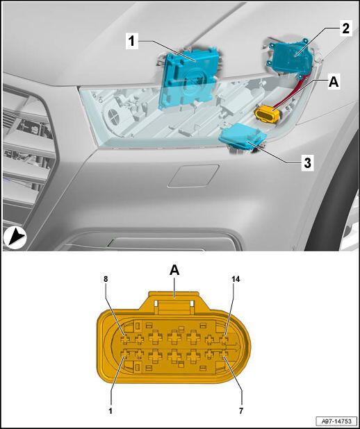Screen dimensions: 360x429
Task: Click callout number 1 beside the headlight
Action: pyautogui.click(x=132, y=41)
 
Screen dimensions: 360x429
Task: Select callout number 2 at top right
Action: pyautogui.click(x=346, y=28)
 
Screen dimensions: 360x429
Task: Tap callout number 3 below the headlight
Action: pyautogui.click(x=307, y=163)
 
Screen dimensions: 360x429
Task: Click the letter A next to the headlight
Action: pyautogui.click(x=334, y=82)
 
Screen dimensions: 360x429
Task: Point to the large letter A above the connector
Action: pyautogui.click(x=174, y=270)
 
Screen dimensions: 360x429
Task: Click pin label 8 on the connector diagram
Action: pyautogui.click(x=106, y=279)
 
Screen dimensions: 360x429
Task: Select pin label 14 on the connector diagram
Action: pyautogui.click(x=236, y=279)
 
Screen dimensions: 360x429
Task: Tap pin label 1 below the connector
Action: pyautogui.click(x=111, y=411)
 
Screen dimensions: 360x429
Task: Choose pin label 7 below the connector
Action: pyautogui.click(x=241, y=411)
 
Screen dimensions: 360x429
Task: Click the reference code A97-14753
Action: pyautogui.click(x=336, y=421)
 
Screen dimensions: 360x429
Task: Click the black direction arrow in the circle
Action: pyautogui.click(x=15, y=237)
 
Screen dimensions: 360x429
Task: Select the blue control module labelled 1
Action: pyautogui.click(x=190, y=78)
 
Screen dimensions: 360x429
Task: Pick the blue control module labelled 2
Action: pyautogui.click(x=291, y=58)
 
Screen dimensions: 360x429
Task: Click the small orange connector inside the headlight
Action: pyautogui.click(x=267, y=113)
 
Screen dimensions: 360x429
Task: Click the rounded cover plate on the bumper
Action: pyautogui.click(x=193, y=176)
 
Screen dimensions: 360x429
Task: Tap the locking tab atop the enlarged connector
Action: pyautogui.click(x=174, y=302)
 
